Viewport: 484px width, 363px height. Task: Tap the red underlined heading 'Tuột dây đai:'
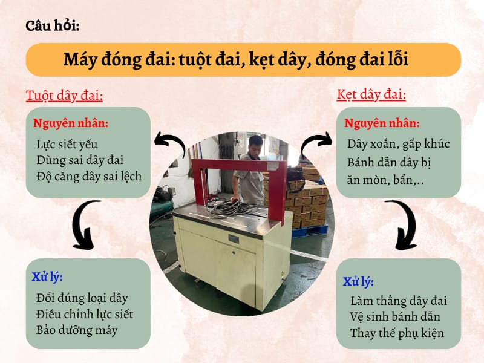point(64,96)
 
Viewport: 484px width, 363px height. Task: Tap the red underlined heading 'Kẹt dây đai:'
point(371,95)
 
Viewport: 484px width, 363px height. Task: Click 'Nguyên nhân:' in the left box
point(71,123)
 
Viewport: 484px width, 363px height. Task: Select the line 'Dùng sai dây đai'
point(80,160)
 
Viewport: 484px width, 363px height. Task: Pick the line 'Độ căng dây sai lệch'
point(89,176)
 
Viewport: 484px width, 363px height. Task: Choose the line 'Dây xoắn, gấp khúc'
point(398,145)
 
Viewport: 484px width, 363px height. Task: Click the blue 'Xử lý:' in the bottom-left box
point(47,277)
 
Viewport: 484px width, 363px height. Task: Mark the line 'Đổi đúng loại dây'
point(82,298)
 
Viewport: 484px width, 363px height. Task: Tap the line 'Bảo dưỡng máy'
point(76,330)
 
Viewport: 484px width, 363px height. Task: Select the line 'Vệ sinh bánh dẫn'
point(395,316)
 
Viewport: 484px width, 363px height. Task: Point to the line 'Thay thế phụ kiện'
point(397,333)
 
